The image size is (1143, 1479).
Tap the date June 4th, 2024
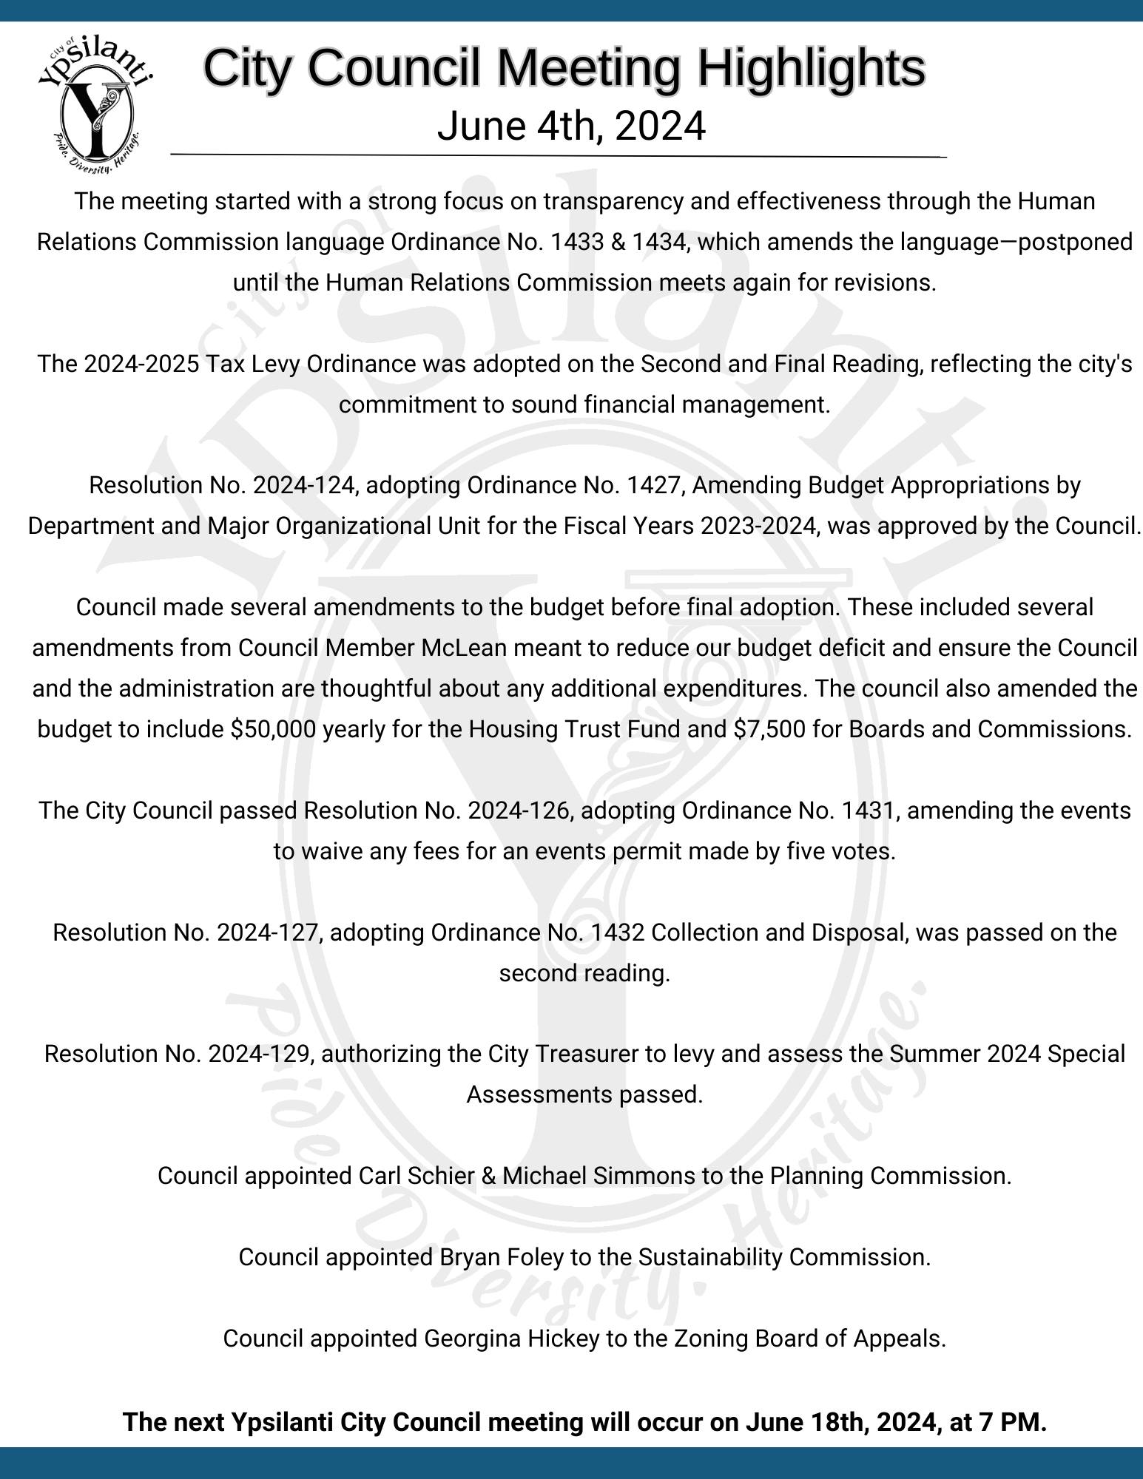[x=571, y=126]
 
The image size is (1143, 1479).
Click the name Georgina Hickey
[x=511, y=1338]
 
